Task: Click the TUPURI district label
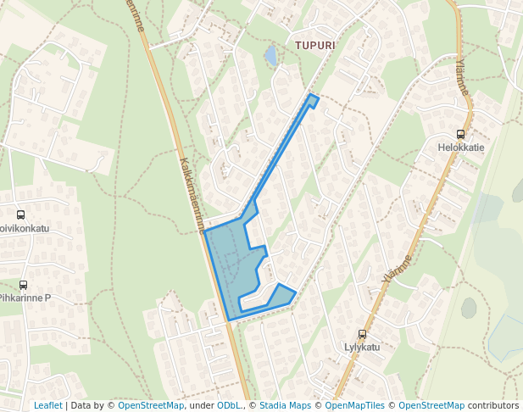(315, 44)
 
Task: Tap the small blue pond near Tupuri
(270, 56)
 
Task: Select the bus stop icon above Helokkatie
(460, 134)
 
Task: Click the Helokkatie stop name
(461, 147)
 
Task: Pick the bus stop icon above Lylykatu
(362, 334)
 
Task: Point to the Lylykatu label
(362, 347)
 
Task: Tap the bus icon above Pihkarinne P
(23, 285)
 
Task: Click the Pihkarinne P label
(25, 298)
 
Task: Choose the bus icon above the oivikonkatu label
(20, 215)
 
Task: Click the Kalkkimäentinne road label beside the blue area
(193, 194)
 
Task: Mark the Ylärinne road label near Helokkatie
(461, 77)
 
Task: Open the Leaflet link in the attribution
(47, 405)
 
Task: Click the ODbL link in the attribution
(229, 405)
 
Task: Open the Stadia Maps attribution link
(285, 405)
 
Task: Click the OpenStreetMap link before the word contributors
(431, 405)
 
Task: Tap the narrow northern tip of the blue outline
(313, 101)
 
